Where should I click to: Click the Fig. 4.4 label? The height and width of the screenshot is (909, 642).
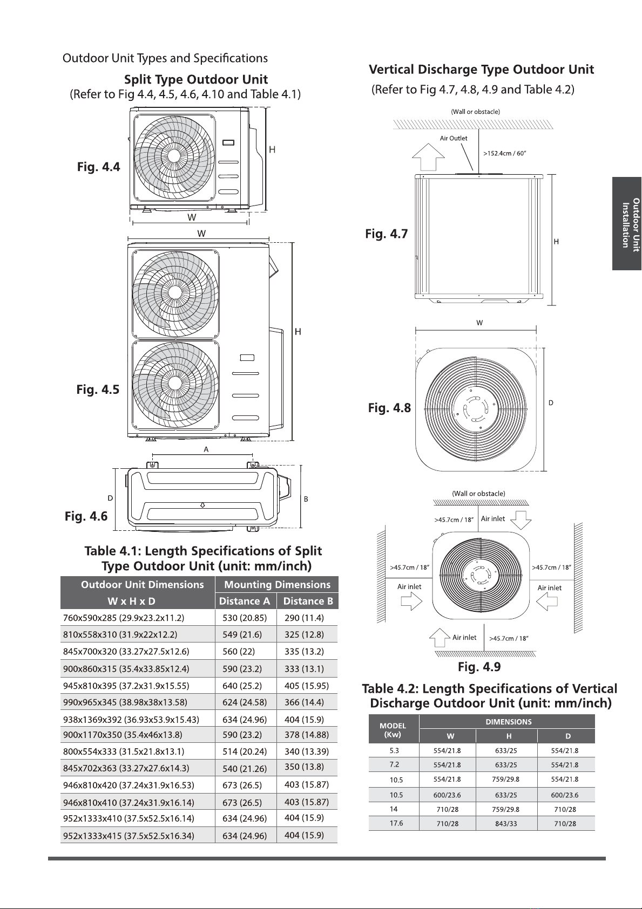tap(99, 167)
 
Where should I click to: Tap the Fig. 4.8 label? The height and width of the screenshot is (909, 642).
tap(389, 408)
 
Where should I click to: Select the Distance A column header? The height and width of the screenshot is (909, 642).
tap(245, 601)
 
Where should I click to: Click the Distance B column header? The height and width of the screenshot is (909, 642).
tap(308, 601)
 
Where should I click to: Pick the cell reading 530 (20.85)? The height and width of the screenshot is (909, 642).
tap(245, 618)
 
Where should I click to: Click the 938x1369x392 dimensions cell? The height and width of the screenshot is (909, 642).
tap(131, 720)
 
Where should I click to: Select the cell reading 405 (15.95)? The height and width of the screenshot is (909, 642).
tap(307, 686)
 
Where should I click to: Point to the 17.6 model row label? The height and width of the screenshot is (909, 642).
tap(396, 823)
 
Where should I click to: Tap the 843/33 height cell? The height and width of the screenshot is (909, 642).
tap(506, 823)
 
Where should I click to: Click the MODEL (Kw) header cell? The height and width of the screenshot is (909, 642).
tap(393, 730)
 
